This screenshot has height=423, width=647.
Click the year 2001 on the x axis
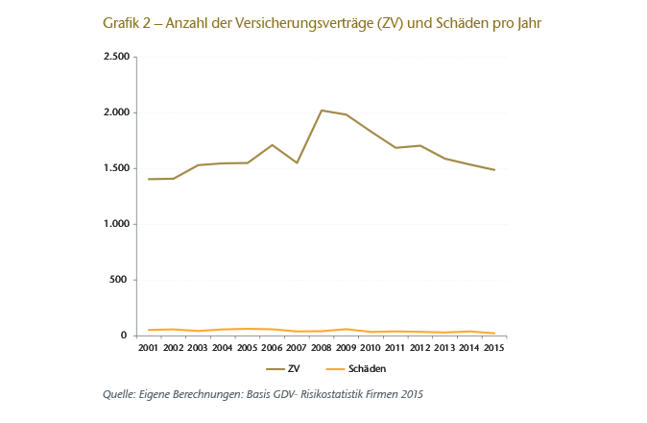point(149,347)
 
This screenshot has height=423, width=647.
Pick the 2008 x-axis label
point(322,347)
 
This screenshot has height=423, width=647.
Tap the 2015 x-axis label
point(493,347)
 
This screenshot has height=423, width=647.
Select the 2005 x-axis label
point(248,347)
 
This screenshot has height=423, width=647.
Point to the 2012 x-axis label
point(419,347)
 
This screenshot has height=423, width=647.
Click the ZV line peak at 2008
point(321,111)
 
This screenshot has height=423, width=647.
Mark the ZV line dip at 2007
point(297,162)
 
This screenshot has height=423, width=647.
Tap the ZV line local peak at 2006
point(273,145)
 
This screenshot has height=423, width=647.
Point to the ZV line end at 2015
point(493,170)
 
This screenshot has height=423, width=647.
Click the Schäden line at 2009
point(346,329)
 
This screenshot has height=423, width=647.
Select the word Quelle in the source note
point(120,394)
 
